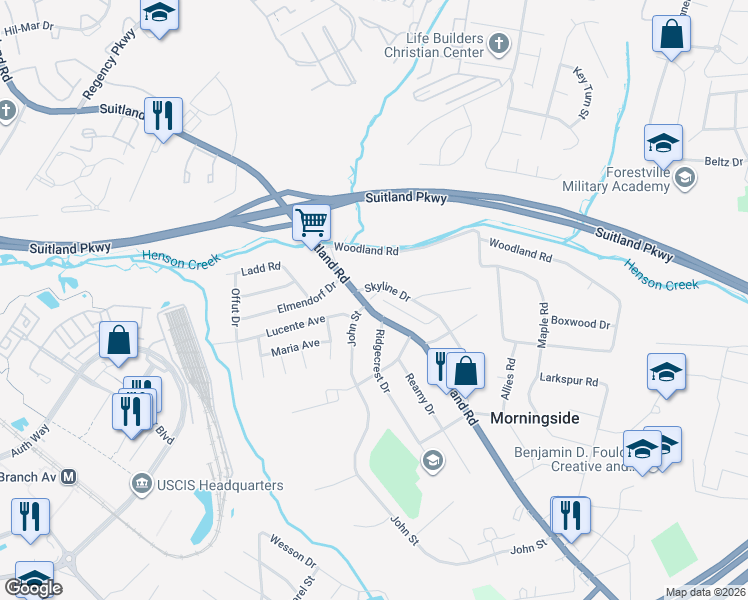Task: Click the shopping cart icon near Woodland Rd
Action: coord(312,222)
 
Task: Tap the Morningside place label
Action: coord(535,418)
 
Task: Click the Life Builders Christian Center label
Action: coord(438,44)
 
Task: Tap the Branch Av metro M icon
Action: coord(69,477)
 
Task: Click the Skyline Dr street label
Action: coord(387,291)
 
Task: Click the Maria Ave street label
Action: coord(295,347)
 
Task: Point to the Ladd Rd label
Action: coord(261,269)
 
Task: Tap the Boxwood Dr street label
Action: coord(580,324)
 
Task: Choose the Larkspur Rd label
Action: coord(568,381)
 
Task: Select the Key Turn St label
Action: coord(580,93)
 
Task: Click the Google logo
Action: coord(33,588)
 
